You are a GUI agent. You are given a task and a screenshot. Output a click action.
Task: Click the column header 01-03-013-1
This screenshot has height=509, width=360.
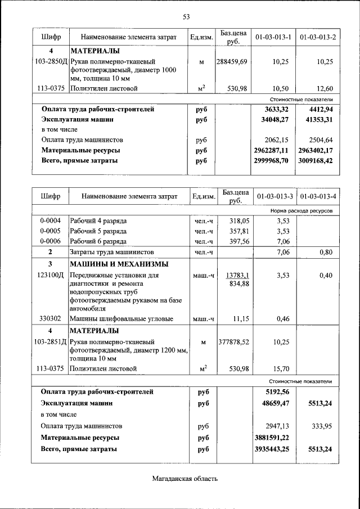pyautogui.click(x=273, y=38)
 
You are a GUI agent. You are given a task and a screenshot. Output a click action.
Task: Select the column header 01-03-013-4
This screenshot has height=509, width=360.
pyautogui.click(x=318, y=197)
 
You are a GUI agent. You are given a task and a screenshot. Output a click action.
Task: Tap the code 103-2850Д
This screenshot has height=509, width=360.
pyautogui.click(x=51, y=61)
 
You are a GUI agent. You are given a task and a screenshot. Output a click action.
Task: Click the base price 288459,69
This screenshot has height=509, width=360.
pyautogui.click(x=232, y=61)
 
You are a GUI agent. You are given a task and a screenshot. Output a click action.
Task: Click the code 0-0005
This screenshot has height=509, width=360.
pyautogui.click(x=51, y=231)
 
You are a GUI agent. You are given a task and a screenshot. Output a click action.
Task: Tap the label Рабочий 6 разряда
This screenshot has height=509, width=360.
pyautogui.click(x=98, y=241)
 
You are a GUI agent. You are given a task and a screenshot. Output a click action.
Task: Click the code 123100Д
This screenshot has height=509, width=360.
pyautogui.click(x=51, y=276)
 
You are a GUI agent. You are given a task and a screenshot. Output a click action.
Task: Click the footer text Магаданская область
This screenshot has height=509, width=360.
pyautogui.click(x=184, y=479)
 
